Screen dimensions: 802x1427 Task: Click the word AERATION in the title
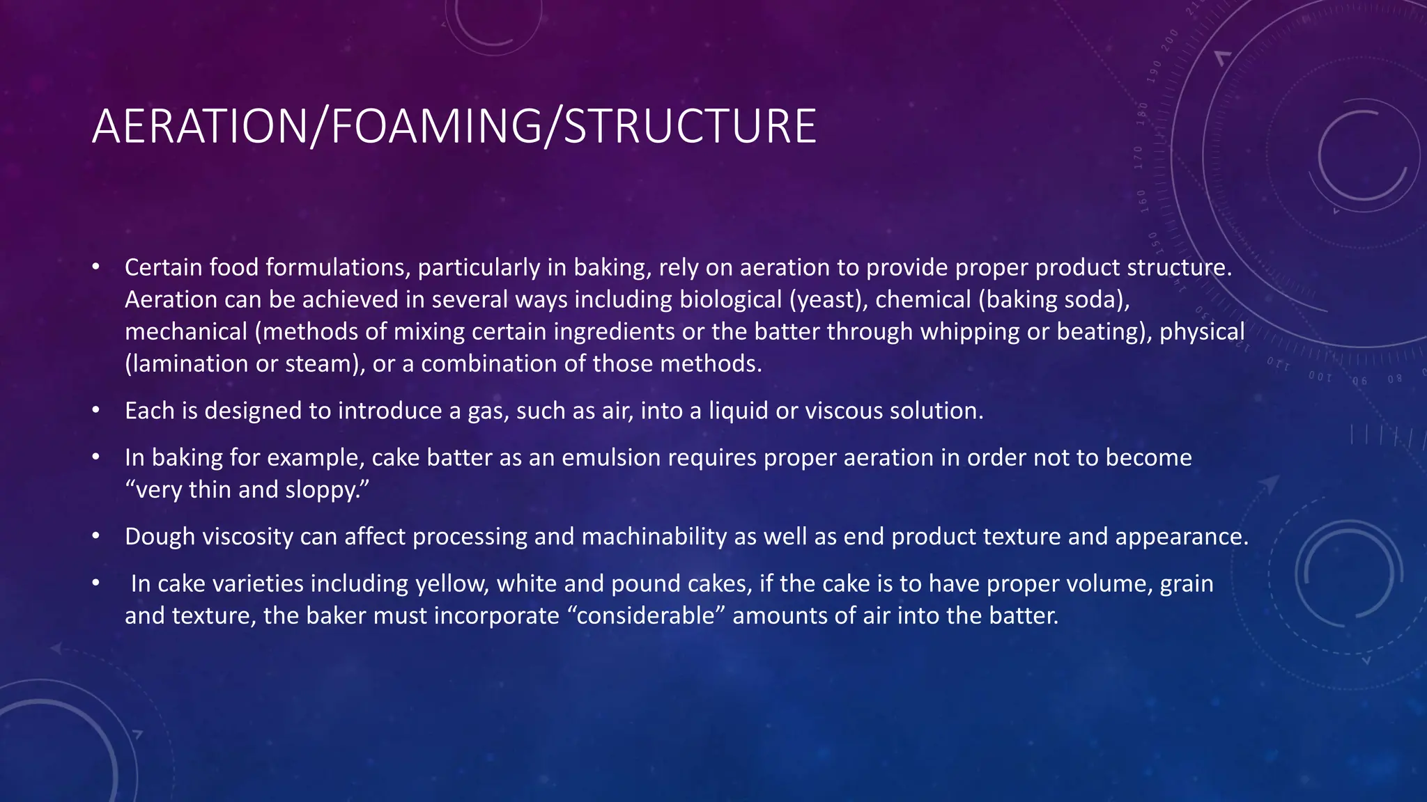(x=199, y=127)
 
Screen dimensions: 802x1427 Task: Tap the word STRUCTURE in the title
(x=690, y=127)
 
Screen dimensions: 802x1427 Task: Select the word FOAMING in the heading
(x=435, y=127)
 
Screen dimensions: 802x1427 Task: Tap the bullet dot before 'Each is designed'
(x=96, y=411)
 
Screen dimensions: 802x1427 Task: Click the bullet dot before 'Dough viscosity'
(x=96, y=537)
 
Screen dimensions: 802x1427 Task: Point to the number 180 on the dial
(x=1142, y=113)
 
